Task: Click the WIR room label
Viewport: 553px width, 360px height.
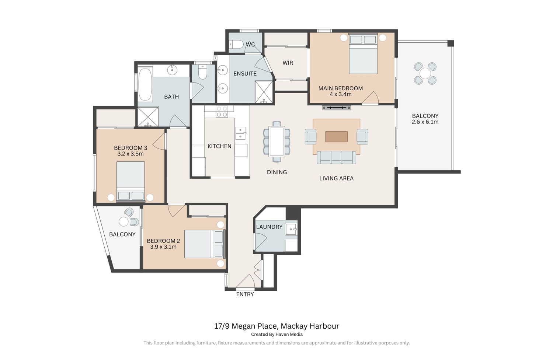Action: (288, 63)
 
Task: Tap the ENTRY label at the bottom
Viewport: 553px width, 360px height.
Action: (245, 294)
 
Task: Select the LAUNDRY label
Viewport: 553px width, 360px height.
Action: (269, 227)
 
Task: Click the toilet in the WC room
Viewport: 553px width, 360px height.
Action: (236, 45)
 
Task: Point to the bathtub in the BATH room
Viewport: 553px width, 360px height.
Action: (145, 84)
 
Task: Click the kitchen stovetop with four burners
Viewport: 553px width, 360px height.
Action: (222, 112)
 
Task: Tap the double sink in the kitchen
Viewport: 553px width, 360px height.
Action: (240, 133)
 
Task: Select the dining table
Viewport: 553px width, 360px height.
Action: (277, 141)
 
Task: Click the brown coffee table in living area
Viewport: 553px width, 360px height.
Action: (336, 137)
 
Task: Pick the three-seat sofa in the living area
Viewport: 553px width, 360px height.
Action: (337, 157)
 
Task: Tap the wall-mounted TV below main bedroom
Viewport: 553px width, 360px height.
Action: (336, 108)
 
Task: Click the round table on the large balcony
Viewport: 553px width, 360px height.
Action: (425, 74)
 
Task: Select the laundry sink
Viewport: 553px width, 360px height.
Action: (291, 230)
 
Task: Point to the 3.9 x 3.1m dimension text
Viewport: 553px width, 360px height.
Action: (163, 247)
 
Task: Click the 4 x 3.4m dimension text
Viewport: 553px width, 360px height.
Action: (340, 94)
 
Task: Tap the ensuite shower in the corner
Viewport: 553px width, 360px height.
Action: (264, 92)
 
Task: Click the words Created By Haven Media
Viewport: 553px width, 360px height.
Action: (277, 334)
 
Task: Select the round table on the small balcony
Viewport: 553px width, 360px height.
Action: (124, 221)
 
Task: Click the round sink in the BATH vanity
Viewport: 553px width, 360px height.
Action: (172, 70)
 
